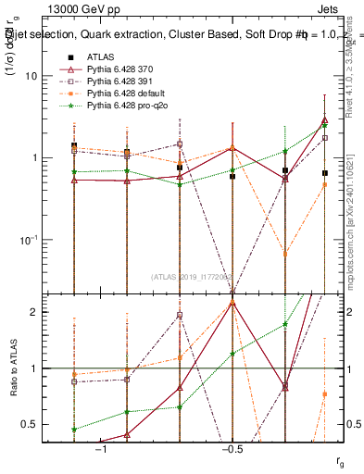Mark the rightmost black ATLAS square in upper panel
324,173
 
